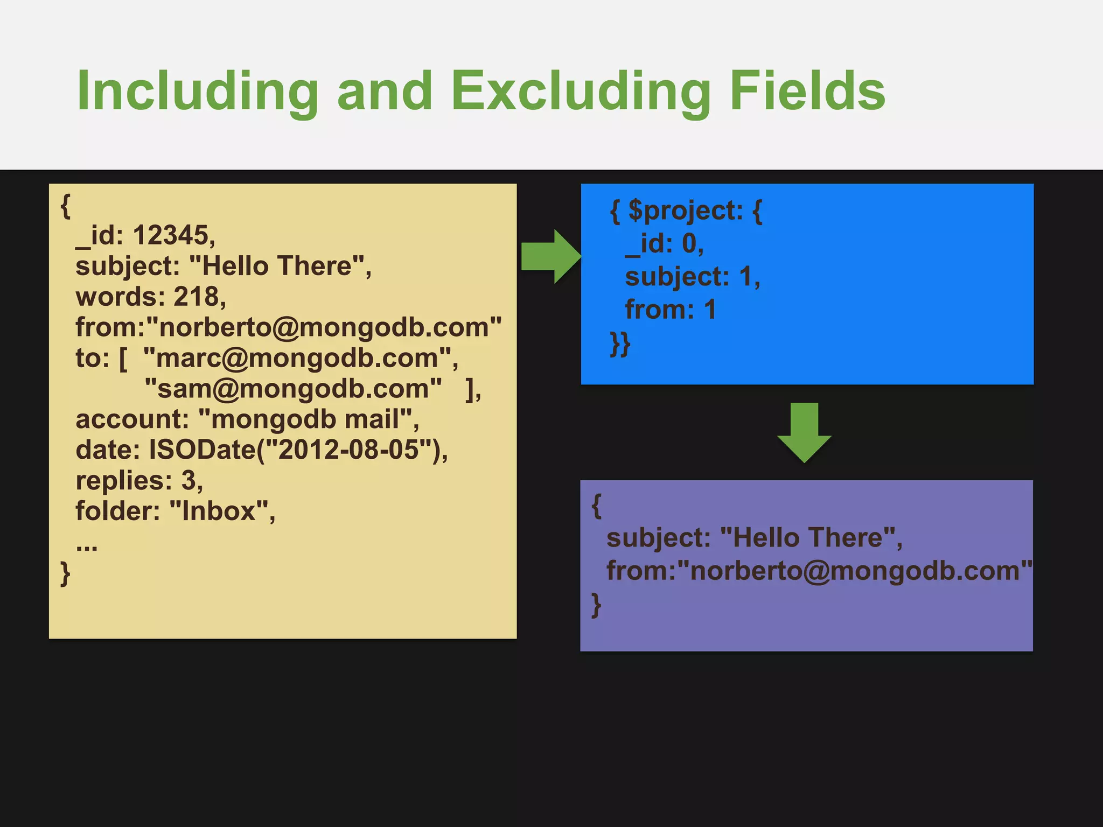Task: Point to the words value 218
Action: pyautogui.click(x=196, y=297)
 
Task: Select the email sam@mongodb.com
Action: pyautogui.click(x=294, y=389)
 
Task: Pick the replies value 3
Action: pyautogui.click(x=188, y=480)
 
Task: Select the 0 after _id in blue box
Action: pyautogui.click(x=689, y=243)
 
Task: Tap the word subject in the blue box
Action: pyautogui.click(x=676, y=277)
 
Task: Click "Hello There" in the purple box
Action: pyautogui.click(x=807, y=537)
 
